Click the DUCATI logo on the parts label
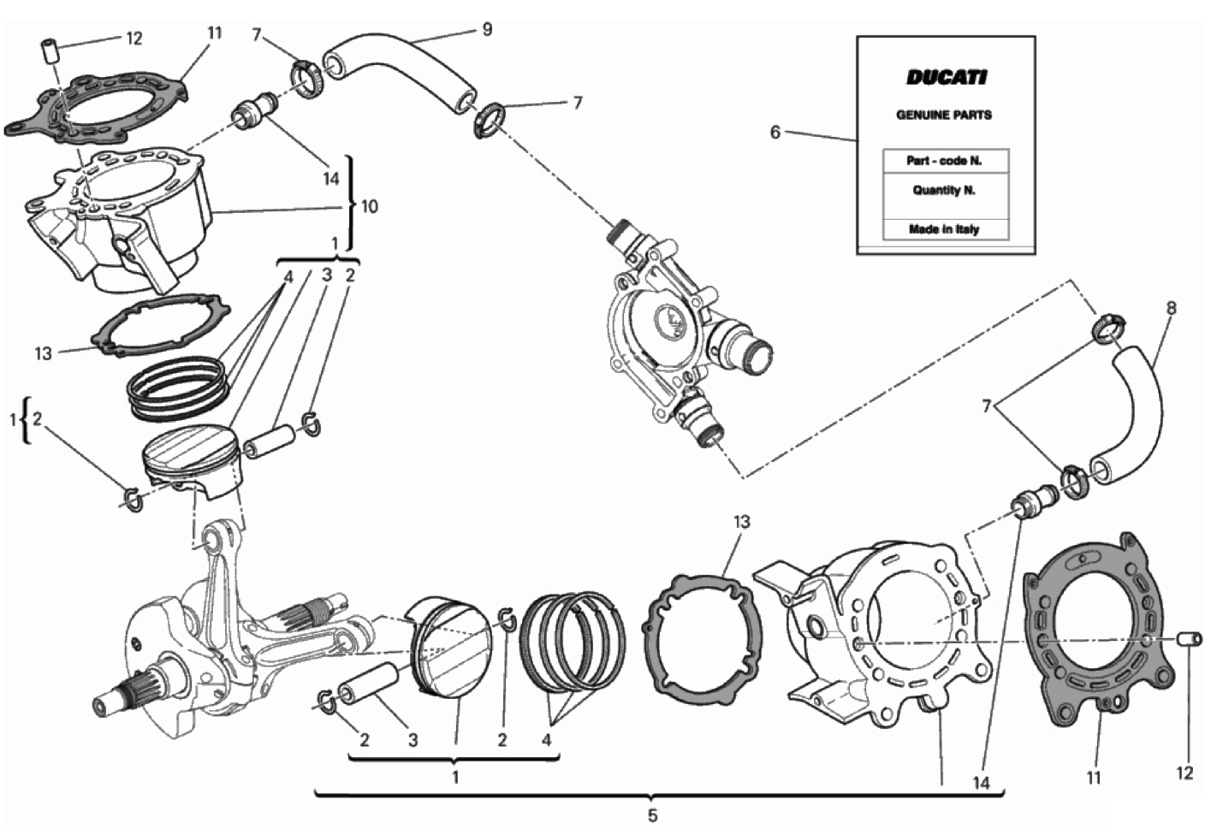click(x=946, y=78)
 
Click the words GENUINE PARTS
click(x=944, y=115)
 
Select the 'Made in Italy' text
click(x=944, y=229)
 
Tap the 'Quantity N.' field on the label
click(x=944, y=190)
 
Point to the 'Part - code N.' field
click(x=944, y=161)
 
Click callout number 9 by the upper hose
click(x=487, y=30)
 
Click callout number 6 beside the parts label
click(x=775, y=132)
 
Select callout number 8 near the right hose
click(x=1171, y=309)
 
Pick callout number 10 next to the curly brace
click(x=370, y=206)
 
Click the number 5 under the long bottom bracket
click(x=652, y=815)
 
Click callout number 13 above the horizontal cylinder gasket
click(x=742, y=522)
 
